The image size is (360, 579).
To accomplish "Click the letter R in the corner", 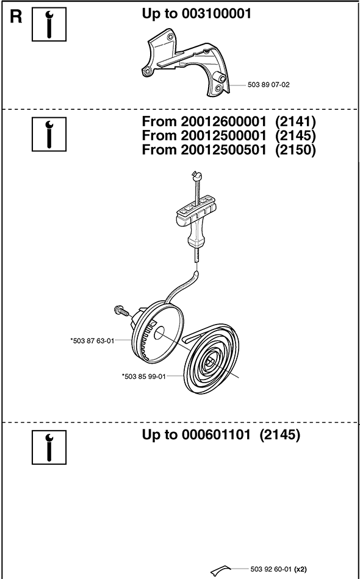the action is (x=15, y=17).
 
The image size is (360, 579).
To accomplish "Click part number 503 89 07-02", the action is (x=268, y=85).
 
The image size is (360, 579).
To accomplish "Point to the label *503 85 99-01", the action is (x=143, y=376).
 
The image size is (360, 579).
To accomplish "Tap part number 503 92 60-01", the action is (x=271, y=569).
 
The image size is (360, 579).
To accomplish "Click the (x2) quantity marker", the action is (x=300, y=569).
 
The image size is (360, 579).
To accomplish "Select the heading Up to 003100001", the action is (x=196, y=14).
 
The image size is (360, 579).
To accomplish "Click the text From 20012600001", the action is (x=204, y=121).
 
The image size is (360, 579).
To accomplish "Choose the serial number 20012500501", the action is (x=223, y=150).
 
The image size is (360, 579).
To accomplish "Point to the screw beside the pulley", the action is (x=121, y=311).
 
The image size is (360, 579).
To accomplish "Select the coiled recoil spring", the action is (x=212, y=358).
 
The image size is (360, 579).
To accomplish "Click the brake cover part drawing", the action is (x=185, y=62).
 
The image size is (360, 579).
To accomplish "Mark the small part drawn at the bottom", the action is (x=221, y=570).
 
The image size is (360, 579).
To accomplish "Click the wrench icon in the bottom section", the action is (x=49, y=447).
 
